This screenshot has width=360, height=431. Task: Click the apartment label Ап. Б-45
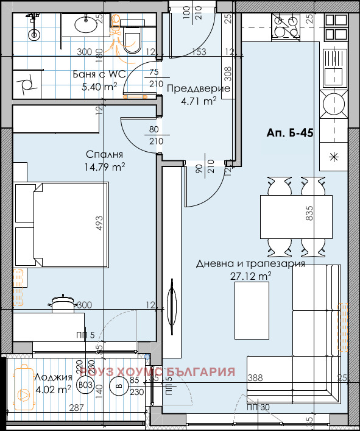(290, 133)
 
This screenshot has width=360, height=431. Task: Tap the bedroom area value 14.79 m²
(105, 166)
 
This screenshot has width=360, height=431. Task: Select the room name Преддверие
(198, 88)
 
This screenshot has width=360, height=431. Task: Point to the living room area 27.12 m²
(251, 276)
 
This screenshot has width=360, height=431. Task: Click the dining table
(296, 213)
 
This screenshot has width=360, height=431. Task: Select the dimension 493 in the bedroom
(97, 224)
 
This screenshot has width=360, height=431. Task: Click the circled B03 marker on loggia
(85, 385)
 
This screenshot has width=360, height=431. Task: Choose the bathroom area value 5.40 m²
(99, 87)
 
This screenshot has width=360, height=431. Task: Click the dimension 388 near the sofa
(256, 379)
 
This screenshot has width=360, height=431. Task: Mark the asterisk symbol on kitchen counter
(333, 155)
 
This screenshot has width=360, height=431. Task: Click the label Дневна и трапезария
(250, 265)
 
